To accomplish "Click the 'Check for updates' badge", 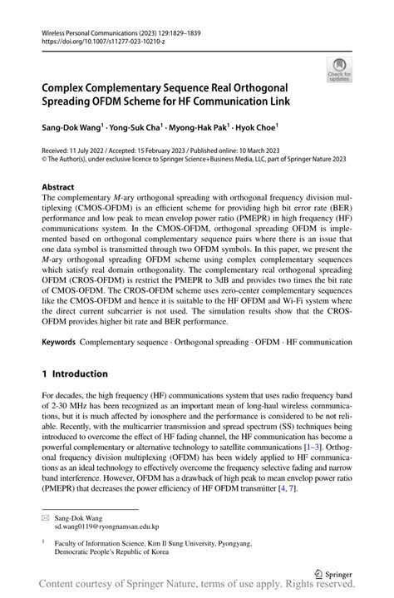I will coord(339,71).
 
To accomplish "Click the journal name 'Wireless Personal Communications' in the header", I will coord(89,33).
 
